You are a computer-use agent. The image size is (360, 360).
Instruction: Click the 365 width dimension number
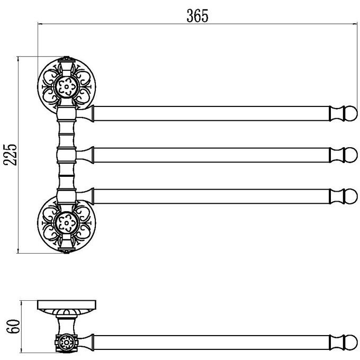(197, 16)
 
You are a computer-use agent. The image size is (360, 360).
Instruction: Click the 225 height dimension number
(10, 155)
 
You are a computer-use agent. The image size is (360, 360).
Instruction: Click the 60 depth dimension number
(13, 326)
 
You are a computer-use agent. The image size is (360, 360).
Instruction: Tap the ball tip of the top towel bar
(351, 113)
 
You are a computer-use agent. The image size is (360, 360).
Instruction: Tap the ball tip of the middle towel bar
(351, 155)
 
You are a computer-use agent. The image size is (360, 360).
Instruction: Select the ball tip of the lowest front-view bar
(351, 196)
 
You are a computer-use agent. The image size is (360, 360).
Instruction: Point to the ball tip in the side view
(351, 343)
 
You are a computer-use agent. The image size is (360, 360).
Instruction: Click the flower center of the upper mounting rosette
(67, 87)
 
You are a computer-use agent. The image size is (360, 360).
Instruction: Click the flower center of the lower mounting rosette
(67, 223)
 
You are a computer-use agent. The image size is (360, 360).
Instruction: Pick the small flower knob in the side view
(67, 343)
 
